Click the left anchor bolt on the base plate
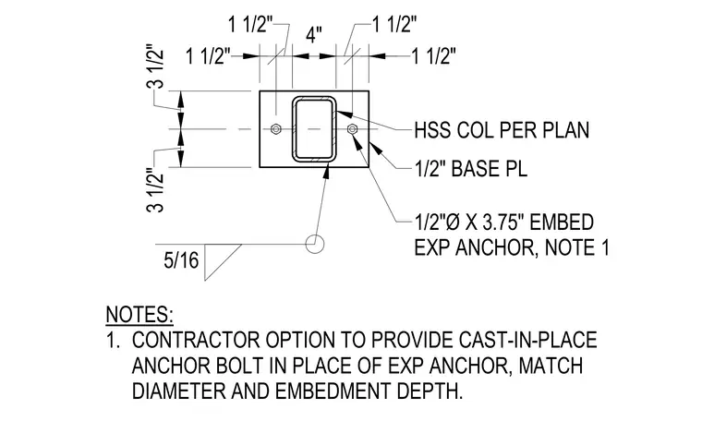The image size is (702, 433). (276, 129)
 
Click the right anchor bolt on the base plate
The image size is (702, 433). (352, 129)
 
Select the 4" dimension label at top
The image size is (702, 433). (314, 34)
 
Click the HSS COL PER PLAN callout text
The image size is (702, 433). (502, 130)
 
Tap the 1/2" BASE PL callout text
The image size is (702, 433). (470, 169)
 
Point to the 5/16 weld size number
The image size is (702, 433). (181, 260)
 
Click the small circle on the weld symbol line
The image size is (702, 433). (315, 245)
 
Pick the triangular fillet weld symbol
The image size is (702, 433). (223, 262)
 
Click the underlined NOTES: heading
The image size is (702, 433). (139, 315)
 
